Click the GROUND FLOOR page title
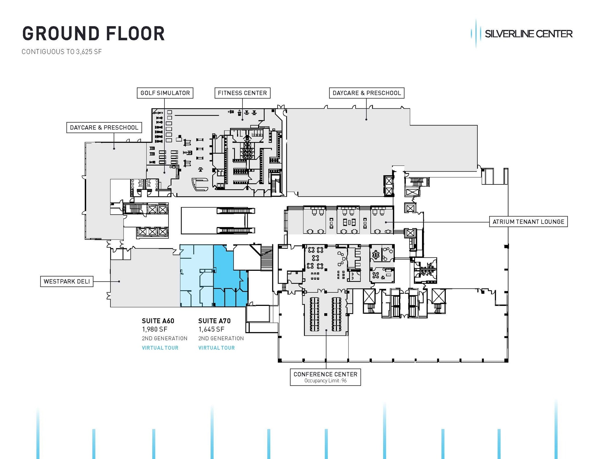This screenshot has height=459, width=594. [x=93, y=34]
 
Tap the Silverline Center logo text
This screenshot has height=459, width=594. [x=528, y=34]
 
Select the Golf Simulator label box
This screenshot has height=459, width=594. [x=165, y=93]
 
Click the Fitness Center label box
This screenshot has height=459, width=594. [x=242, y=93]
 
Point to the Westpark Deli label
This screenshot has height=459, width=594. [x=67, y=281]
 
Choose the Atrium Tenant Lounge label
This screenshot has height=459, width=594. [x=528, y=222]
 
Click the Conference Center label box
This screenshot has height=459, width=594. [x=325, y=374]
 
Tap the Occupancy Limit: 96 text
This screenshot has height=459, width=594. [x=325, y=381]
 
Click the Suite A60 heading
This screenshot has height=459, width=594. [x=158, y=321]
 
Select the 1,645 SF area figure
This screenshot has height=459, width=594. [x=211, y=329]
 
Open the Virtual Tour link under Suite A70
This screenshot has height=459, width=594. [x=216, y=348]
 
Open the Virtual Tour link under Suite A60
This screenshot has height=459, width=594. [x=160, y=348]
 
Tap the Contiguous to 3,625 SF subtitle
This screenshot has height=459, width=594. [x=61, y=52]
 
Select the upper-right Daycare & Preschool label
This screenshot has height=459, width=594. [x=366, y=93]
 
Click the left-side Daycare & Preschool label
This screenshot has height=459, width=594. [x=104, y=128]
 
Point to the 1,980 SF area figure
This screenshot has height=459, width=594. [x=155, y=329]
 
